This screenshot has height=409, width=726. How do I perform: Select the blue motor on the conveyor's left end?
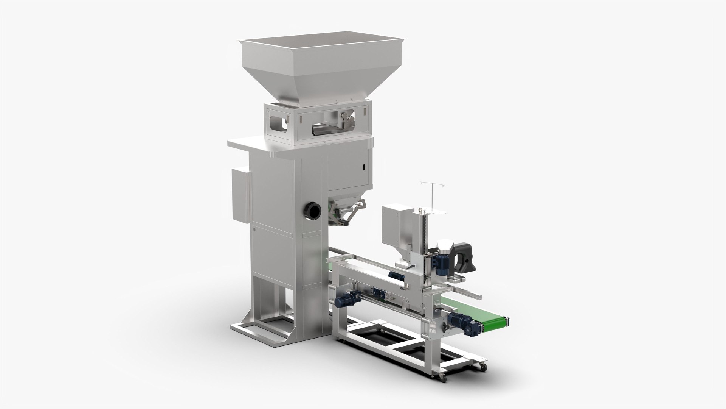[x=343, y=299]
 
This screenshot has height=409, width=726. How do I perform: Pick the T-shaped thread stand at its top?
[x=431, y=183]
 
